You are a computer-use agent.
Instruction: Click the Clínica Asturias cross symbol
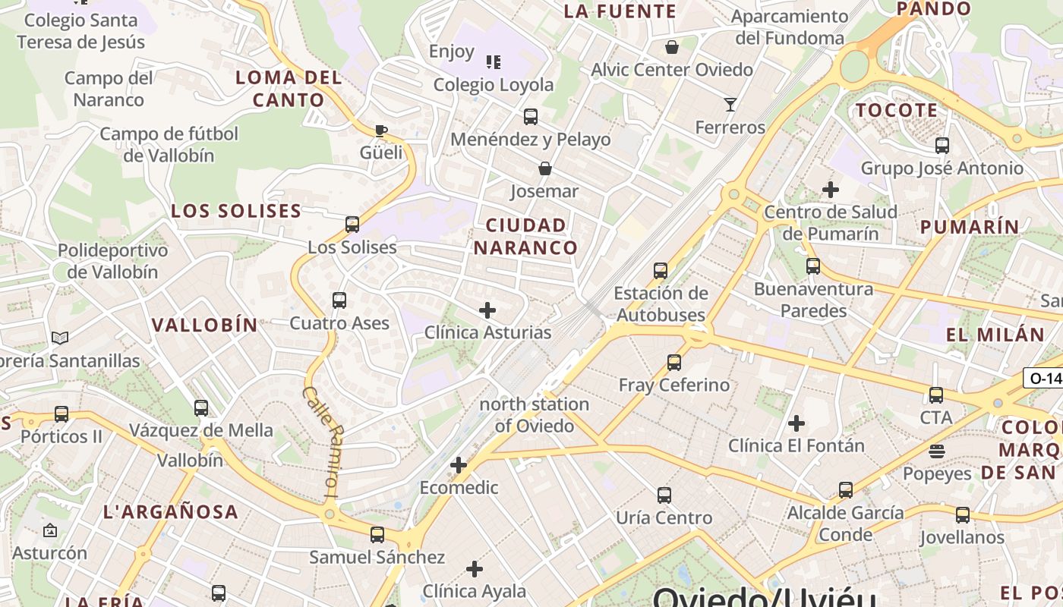[x=487, y=310]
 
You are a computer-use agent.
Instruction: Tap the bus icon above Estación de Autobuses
[x=661, y=270]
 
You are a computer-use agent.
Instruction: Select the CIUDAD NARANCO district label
[x=525, y=236]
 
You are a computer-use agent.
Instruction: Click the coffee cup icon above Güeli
[x=381, y=131]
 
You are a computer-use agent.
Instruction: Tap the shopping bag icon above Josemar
[x=544, y=168]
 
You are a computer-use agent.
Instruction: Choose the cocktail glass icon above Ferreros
[x=730, y=105]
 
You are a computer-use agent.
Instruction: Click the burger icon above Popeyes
[x=936, y=451]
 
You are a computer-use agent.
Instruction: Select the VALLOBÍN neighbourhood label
[x=205, y=325]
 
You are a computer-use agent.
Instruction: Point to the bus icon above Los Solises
[x=352, y=225]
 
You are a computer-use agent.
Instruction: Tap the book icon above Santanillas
[x=60, y=338]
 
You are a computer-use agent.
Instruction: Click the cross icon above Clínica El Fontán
[x=796, y=423]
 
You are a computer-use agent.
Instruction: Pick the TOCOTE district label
[x=897, y=110]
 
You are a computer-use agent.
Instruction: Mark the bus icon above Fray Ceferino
[x=674, y=363]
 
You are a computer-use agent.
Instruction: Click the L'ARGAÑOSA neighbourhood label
[x=171, y=511]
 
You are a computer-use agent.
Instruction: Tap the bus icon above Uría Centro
[x=664, y=495]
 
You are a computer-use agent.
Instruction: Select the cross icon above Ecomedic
[x=459, y=465]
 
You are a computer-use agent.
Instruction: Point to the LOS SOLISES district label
[x=236, y=211]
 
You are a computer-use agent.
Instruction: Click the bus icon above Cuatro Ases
[x=339, y=300]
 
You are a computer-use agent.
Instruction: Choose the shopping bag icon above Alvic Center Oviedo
[x=671, y=47]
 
